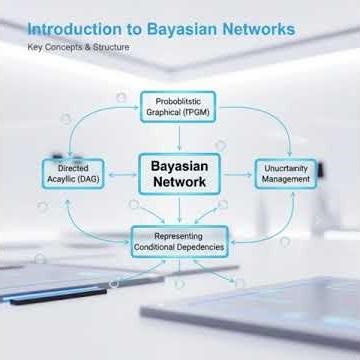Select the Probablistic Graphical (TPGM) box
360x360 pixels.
tap(178, 107)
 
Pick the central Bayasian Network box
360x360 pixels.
tap(178, 173)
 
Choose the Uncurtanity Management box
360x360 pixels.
tap(286, 174)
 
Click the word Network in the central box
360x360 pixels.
tap(178, 182)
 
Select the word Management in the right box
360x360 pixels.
tap(286, 181)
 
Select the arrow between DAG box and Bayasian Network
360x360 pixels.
tap(122, 174)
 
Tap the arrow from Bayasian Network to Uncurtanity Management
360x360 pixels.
tap(238, 174)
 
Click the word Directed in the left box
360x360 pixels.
tap(75, 169)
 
